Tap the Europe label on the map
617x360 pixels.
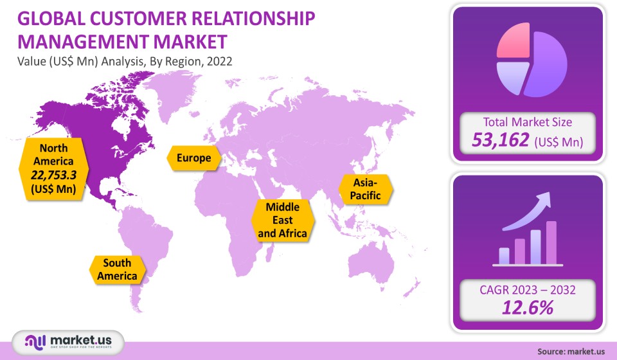pyautogui.click(x=193, y=158)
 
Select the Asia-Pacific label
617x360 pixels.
pyautogui.click(x=366, y=189)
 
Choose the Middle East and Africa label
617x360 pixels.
pyautogui.click(x=283, y=220)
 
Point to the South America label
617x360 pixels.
pyautogui.click(x=117, y=269)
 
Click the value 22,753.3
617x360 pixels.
pyautogui.click(x=53, y=175)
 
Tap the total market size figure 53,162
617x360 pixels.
pyautogui.click(x=501, y=140)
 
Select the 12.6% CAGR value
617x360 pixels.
pyautogui.click(x=528, y=308)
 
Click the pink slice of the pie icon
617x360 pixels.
pyautogui.click(x=513, y=40)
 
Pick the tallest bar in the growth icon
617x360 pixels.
pyautogui.click(x=551, y=242)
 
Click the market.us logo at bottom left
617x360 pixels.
pyautogui.click(x=69, y=341)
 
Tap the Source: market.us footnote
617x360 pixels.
pyautogui.click(x=571, y=352)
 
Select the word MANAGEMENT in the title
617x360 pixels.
pyautogui.click(x=83, y=42)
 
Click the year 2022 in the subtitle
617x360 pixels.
pyautogui.click(x=219, y=61)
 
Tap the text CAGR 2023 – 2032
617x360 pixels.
pyautogui.click(x=528, y=290)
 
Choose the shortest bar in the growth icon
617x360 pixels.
pyautogui.click(x=504, y=256)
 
